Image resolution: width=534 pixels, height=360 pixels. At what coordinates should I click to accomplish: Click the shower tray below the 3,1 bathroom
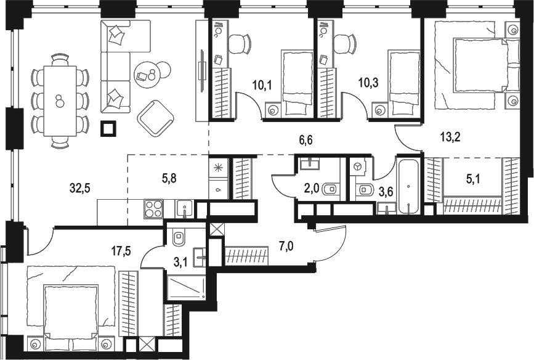click(x=186, y=287)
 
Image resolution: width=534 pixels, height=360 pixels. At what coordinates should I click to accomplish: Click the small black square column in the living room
click(x=108, y=128)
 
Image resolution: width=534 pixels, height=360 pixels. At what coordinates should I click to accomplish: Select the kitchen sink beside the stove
click(x=184, y=209)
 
